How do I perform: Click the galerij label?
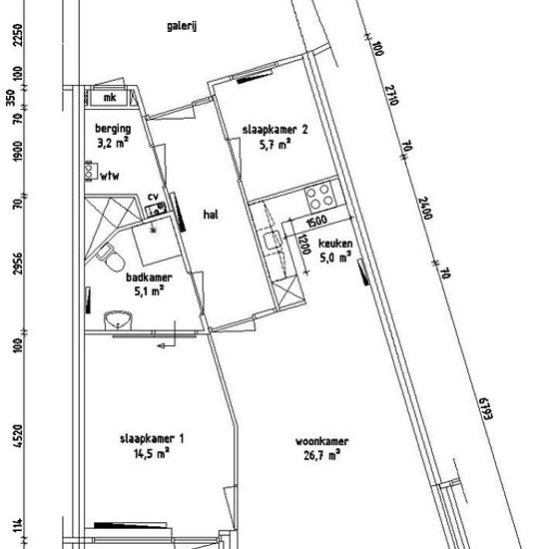tap(182, 26)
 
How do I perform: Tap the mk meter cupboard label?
tap(110, 98)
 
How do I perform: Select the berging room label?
tap(113, 129)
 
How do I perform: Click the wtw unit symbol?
tap(90, 171)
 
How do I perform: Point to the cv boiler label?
tap(153, 197)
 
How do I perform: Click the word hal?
tap(211, 215)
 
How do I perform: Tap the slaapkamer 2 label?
tap(275, 130)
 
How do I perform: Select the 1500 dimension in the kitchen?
tap(316, 222)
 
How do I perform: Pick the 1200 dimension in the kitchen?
tap(304, 244)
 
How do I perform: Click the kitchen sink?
tap(273, 241)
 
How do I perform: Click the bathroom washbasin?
tap(118, 320)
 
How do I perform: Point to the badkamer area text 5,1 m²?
tap(149, 291)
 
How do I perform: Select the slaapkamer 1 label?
tap(152, 439)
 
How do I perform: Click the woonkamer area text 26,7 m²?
tap(322, 455)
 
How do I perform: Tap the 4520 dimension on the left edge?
tap(18, 435)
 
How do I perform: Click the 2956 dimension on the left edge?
tap(18, 264)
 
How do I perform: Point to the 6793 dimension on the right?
tap(486, 408)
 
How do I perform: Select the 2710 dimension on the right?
tap(392, 95)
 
